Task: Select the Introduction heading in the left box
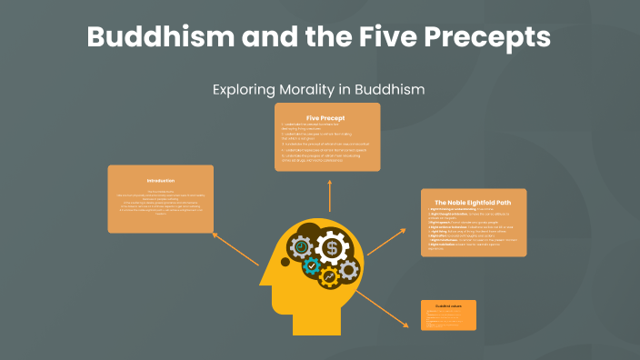tap(160, 181)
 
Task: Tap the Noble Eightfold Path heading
tap(474, 202)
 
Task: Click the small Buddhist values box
tap(448, 315)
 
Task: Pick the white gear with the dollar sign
tap(334, 247)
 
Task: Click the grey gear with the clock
tap(302, 245)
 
